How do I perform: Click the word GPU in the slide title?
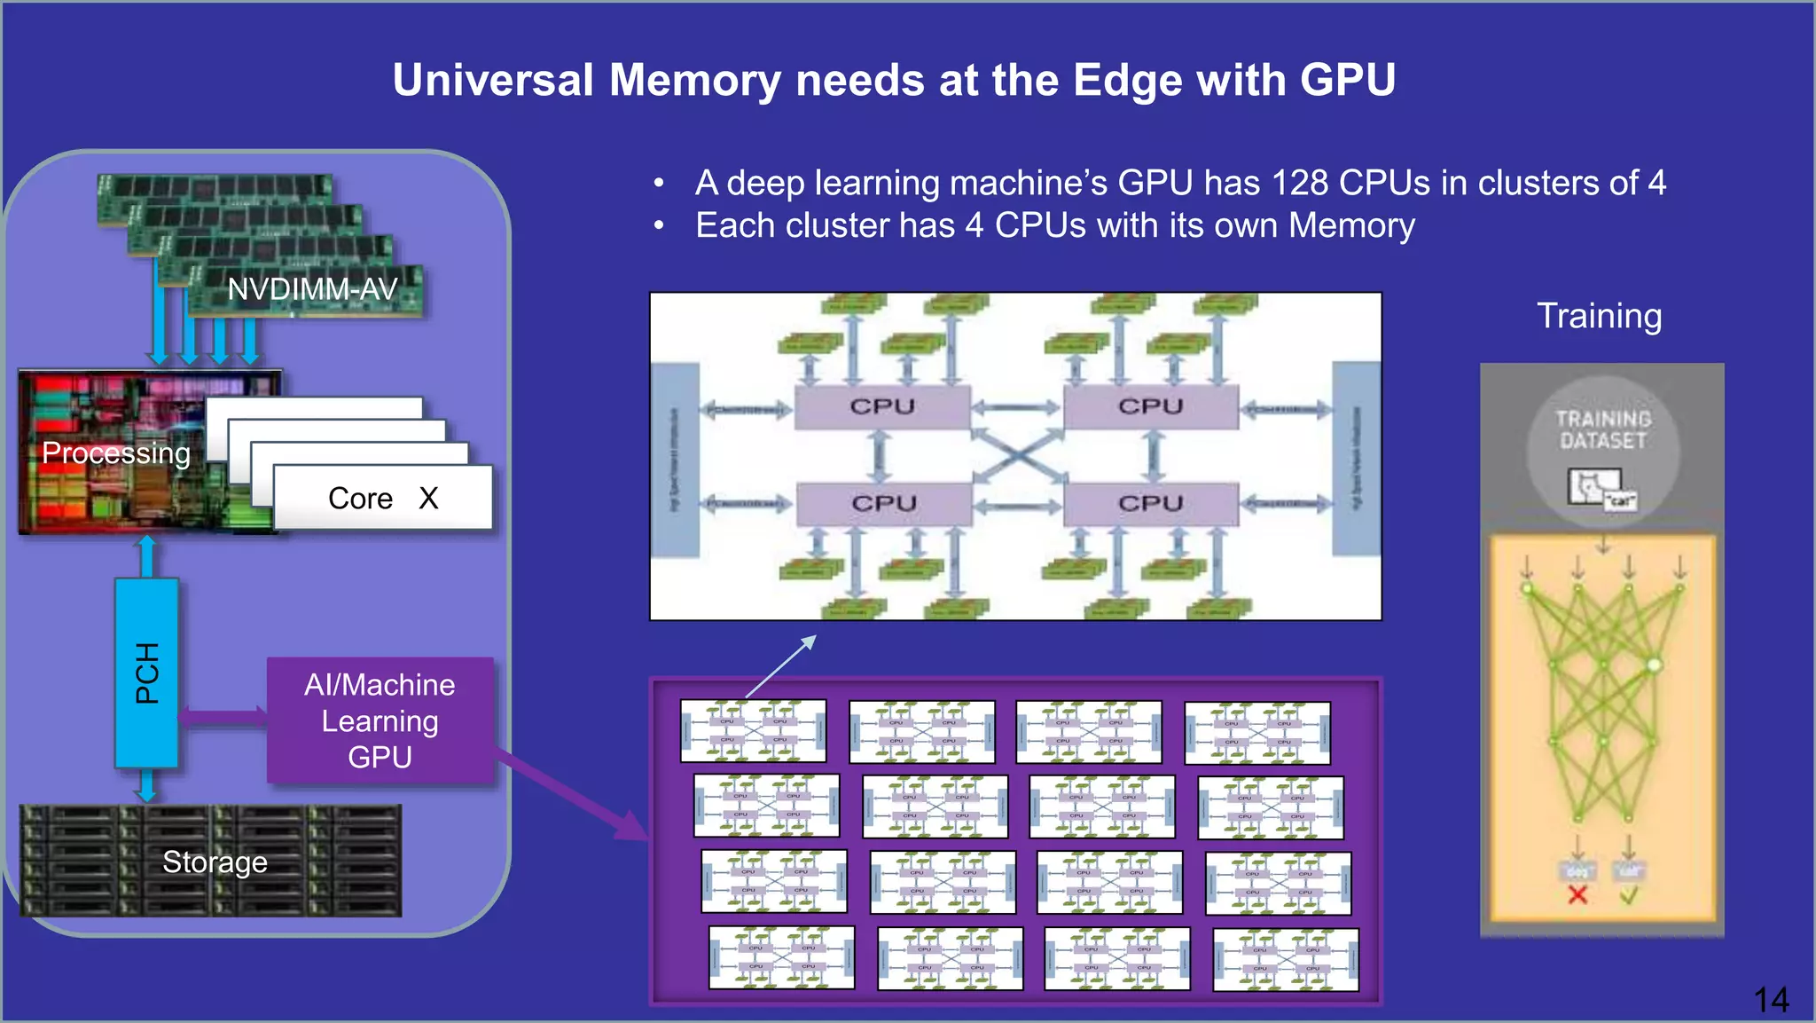pos(1347,81)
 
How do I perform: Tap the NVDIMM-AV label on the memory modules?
pos(312,289)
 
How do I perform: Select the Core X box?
pos(382,498)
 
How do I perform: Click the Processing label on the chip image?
pos(116,453)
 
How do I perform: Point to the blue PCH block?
pos(147,673)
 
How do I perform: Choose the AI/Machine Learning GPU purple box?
pos(380,720)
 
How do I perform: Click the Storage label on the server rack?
pos(215,862)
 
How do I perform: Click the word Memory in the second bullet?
pos(1351,225)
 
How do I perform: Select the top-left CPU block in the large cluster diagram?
pos(881,406)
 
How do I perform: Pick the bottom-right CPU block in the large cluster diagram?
pos(1150,503)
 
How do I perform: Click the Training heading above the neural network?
pos(1599,316)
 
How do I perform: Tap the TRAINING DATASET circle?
pos(1602,452)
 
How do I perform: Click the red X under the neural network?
pos(1577,894)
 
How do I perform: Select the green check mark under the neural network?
pos(1628,895)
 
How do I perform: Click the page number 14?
pos(1771,1000)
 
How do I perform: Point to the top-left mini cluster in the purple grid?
pos(753,731)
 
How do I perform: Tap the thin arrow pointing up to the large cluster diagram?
pos(781,665)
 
